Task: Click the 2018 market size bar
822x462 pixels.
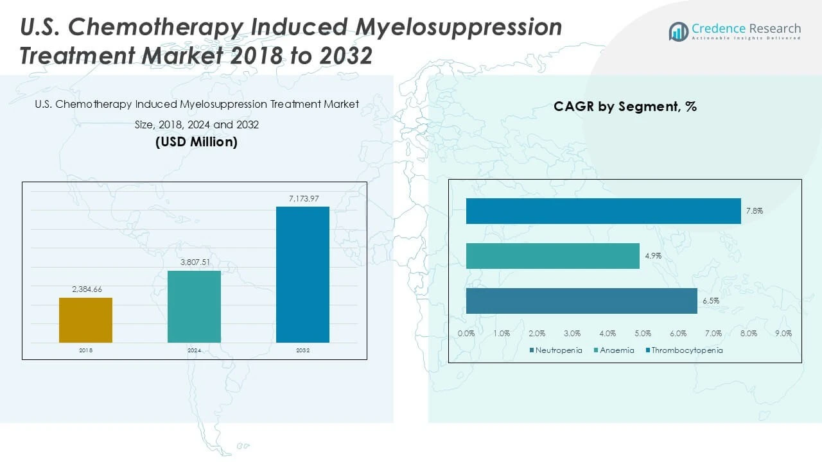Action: pos(85,320)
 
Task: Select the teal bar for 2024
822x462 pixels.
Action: pos(194,306)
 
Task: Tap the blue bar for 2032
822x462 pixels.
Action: pos(302,274)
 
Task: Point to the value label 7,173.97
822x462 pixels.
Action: pos(303,199)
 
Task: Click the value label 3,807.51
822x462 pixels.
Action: pos(194,262)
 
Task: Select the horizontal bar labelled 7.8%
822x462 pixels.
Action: pos(603,211)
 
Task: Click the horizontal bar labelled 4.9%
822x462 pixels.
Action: pos(552,256)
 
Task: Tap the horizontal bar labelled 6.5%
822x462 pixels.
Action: pos(581,301)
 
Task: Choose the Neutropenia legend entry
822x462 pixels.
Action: pos(556,350)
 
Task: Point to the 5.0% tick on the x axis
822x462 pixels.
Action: pos(643,334)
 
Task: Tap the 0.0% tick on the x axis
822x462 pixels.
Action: pos(466,334)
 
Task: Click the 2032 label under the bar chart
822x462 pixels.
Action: pos(302,351)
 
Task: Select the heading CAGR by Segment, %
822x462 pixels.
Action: pos(625,107)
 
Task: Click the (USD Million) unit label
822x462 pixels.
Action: pos(197,142)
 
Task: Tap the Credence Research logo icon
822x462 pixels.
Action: pos(679,31)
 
